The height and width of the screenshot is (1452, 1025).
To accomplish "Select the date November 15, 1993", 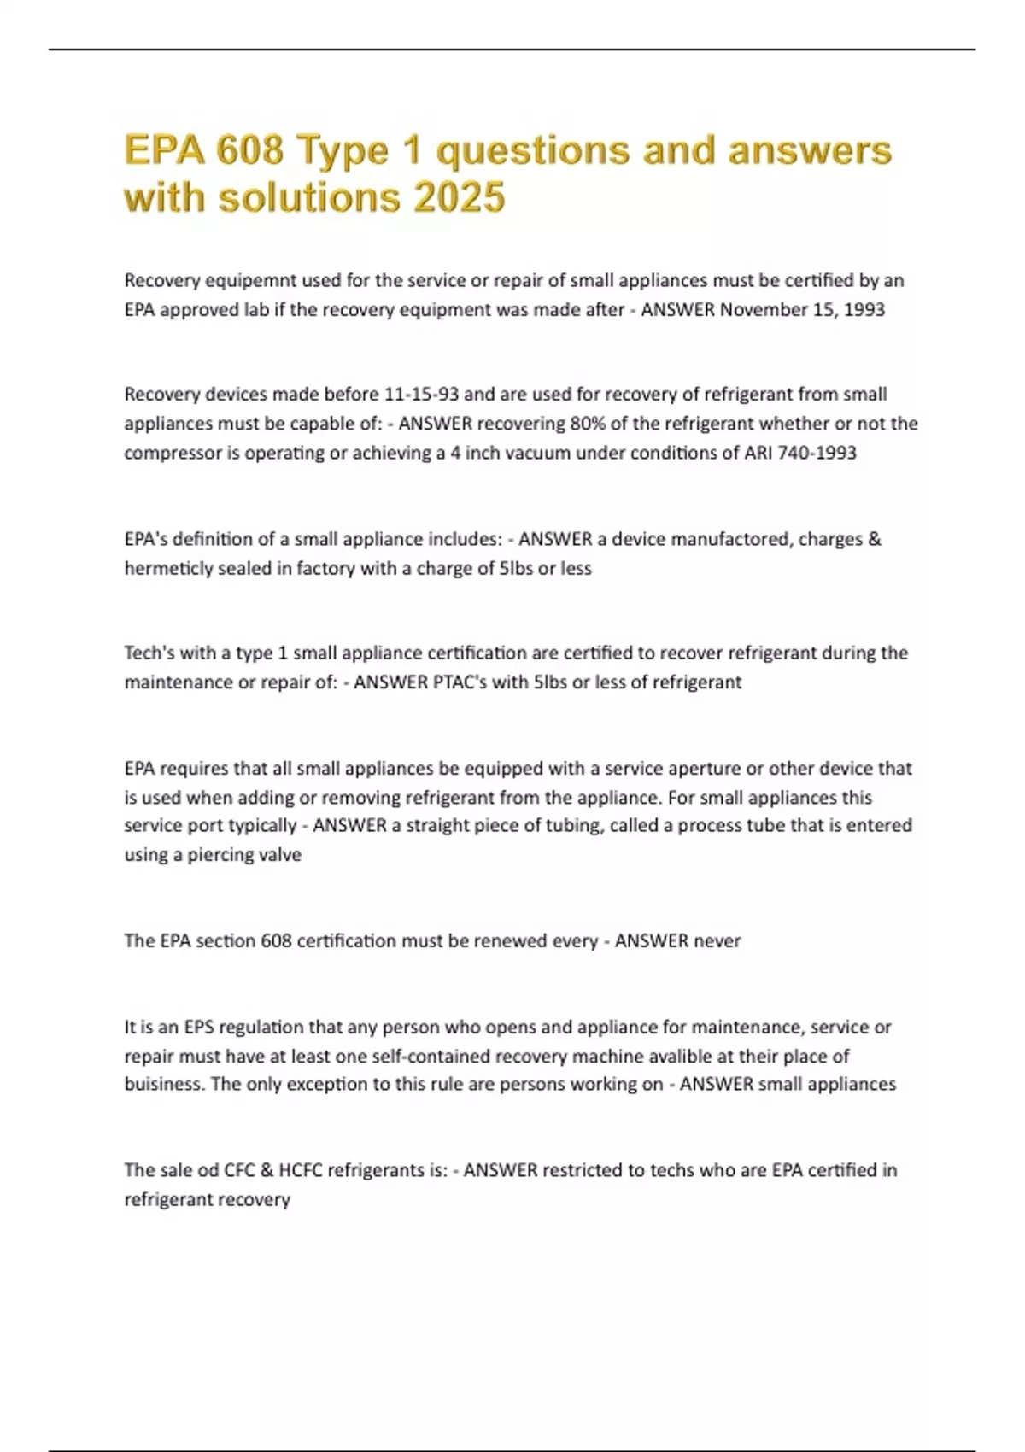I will (802, 309).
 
